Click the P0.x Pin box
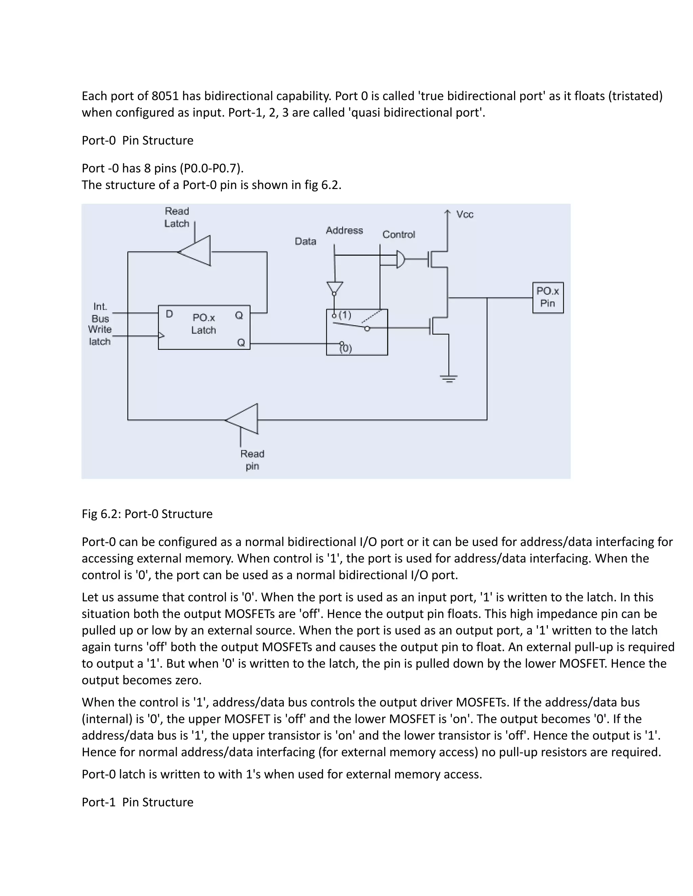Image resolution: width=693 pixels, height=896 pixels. click(548, 298)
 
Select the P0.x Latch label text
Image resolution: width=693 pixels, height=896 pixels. click(204, 324)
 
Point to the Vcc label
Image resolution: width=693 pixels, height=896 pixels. click(465, 215)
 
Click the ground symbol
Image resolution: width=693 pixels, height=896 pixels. click(449, 378)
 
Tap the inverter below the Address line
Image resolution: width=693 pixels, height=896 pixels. click(335, 288)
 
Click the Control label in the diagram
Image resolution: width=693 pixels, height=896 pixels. click(398, 234)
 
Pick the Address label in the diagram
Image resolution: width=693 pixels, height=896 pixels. click(344, 231)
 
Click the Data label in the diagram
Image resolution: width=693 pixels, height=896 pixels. click(306, 241)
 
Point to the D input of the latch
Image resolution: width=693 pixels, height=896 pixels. click(169, 314)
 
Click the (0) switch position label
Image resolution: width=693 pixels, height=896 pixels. click(346, 348)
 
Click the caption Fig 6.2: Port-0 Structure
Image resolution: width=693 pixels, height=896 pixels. click(147, 514)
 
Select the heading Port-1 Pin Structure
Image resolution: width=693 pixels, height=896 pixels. click(137, 802)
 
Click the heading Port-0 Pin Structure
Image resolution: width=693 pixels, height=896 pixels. click(137, 140)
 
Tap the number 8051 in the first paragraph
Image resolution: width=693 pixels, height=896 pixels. click(165, 96)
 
